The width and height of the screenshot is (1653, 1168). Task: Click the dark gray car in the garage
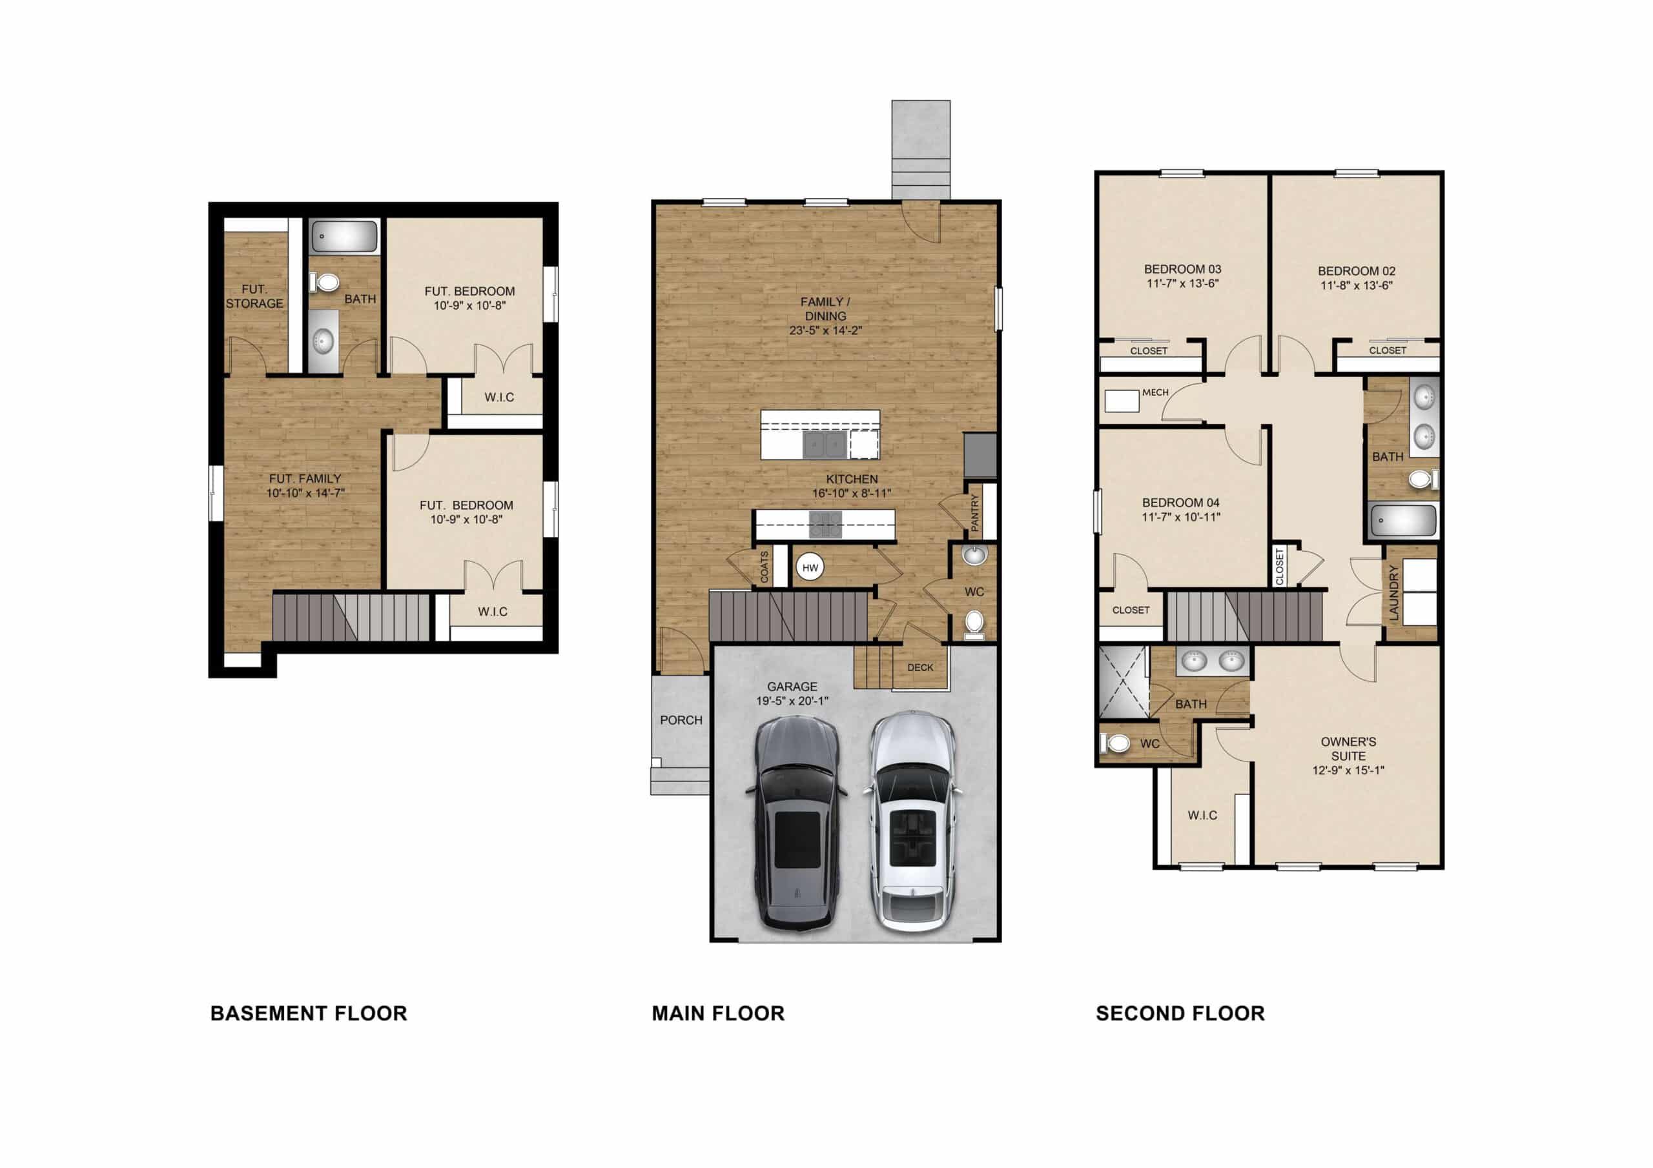point(797,823)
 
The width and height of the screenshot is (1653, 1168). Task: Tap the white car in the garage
point(913,822)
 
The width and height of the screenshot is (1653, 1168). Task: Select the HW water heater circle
point(810,568)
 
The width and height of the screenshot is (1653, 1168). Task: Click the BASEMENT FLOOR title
point(309,1013)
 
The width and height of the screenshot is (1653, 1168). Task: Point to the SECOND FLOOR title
point(1180,1013)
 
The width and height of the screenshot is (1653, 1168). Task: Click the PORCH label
point(681,720)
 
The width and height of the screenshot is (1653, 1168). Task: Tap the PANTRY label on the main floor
point(975,512)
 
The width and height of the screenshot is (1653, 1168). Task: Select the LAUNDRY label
point(1393,593)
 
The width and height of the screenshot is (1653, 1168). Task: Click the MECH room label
point(1155,392)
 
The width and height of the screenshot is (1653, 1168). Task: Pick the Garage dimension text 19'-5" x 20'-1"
point(792,701)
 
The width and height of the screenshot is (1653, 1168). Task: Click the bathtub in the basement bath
point(344,236)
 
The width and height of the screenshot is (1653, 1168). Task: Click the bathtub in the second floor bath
point(1403,519)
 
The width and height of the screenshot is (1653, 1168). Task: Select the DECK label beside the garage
point(920,667)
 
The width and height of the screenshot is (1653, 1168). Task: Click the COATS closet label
point(765,567)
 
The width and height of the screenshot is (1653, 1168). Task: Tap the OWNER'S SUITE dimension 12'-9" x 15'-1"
point(1348,770)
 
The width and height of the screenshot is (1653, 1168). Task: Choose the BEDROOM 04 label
point(1181,502)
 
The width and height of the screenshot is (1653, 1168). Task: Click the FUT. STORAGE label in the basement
point(254,296)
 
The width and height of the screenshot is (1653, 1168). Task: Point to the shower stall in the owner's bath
point(1123,682)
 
